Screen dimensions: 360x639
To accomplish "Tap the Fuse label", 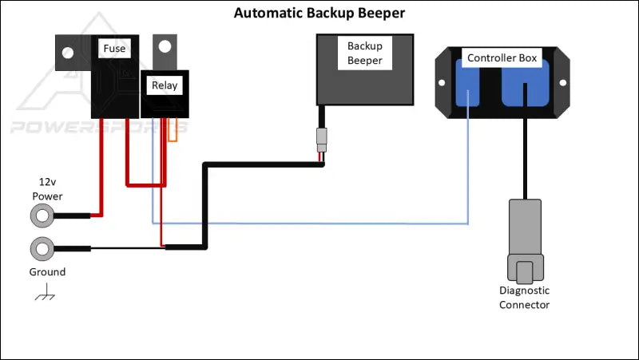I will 114,49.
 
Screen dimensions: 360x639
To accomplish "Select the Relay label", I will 165,85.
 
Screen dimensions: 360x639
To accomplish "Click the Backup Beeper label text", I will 364,53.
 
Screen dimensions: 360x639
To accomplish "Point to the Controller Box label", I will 502,57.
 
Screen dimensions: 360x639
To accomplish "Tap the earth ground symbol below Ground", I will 45,295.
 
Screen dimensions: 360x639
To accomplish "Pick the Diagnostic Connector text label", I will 524,298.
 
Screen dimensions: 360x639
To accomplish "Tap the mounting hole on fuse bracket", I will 68,53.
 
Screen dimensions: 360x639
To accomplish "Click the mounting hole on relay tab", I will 165,46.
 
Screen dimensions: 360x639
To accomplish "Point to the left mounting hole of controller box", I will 444,81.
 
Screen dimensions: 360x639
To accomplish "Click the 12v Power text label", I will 47,188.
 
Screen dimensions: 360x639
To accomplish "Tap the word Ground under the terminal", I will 47,272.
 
